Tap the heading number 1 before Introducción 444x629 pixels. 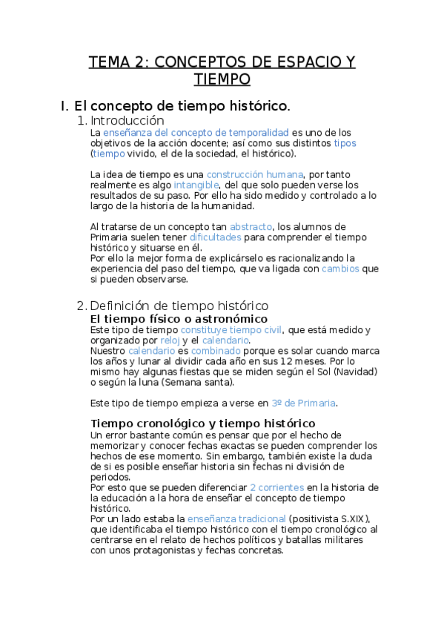(x=81, y=120)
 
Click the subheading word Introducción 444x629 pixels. (x=127, y=120)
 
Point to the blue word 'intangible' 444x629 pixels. (x=196, y=184)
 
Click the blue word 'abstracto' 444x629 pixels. (x=251, y=226)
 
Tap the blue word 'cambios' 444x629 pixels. (x=340, y=269)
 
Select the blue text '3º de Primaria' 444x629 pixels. (x=303, y=403)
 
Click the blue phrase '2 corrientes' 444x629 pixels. (x=276, y=487)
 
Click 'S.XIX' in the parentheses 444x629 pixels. (x=349, y=518)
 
